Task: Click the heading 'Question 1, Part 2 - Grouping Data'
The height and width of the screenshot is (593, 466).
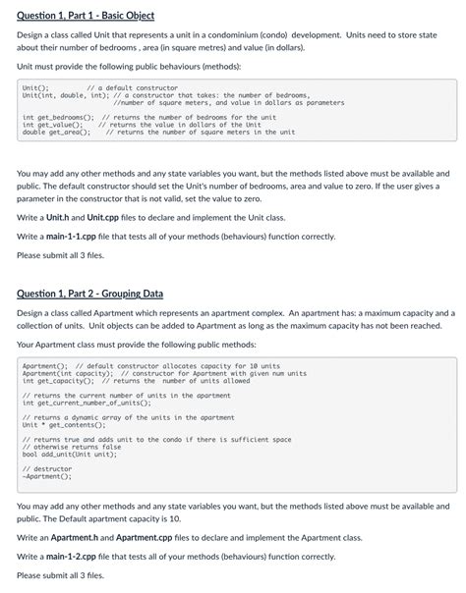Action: pyautogui.click(x=90, y=294)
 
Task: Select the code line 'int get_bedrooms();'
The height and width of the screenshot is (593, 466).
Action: pyautogui.click(x=55, y=117)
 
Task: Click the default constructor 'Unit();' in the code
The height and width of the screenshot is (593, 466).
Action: pyautogui.click(x=34, y=87)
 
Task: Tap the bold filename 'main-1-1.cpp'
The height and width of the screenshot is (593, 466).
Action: pyautogui.click(x=72, y=236)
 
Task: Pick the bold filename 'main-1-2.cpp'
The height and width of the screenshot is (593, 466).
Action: pyautogui.click(x=72, y=556)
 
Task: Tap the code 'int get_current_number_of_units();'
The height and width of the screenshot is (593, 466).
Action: pyautogui.click(x=87, y=403)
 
